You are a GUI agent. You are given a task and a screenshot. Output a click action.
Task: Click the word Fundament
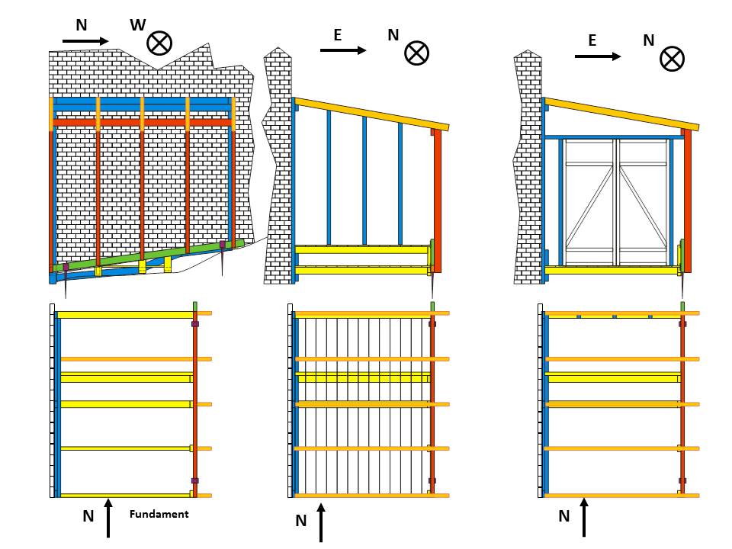159,514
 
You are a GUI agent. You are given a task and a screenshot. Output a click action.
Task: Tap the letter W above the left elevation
137,25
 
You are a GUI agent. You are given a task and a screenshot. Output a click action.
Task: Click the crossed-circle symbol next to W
159,43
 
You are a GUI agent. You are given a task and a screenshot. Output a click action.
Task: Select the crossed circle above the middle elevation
416,53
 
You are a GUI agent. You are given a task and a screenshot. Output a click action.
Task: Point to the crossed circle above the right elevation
671,59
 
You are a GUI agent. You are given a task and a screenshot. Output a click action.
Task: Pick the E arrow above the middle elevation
343,50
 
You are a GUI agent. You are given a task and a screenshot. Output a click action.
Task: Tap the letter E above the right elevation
592,41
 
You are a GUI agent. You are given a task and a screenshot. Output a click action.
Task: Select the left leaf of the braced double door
589,201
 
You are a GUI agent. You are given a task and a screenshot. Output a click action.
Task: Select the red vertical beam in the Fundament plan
195,404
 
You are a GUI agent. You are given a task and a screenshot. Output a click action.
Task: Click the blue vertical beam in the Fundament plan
57,404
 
